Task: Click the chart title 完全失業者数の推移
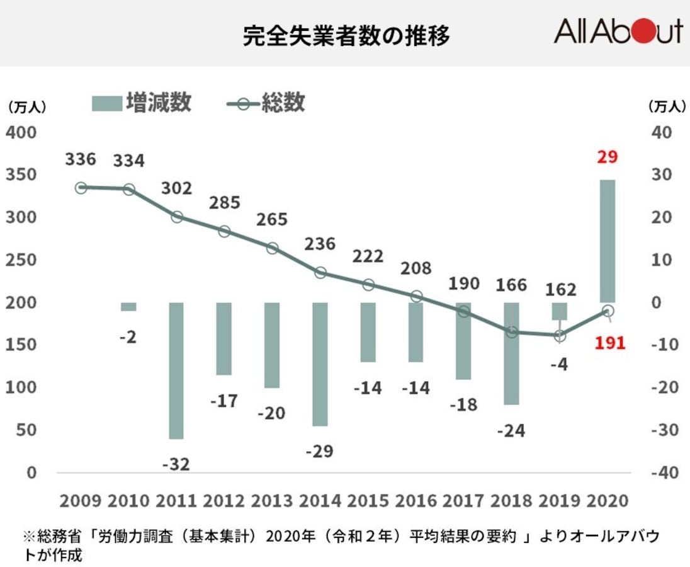pos(346,36)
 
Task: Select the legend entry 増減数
pos(141,103)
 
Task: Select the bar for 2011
pos(176,370)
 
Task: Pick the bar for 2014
pos(320,364)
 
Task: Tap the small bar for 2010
pos(128,307)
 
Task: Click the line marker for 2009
pos(81,188)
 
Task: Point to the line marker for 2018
pos(512,332)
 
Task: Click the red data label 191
pos(609,343)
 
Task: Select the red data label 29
pos(608,157)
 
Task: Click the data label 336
pos(81,159)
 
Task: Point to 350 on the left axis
pos(21,175)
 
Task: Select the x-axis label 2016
pos(415,501)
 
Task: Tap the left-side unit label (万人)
pos(26,108)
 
